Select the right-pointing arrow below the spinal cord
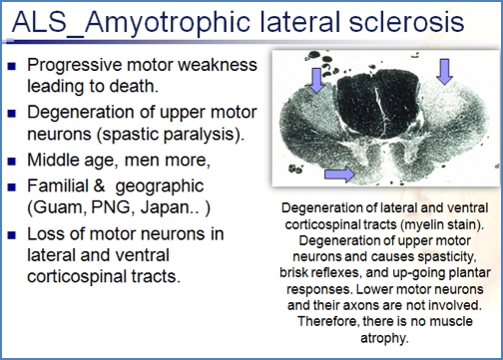338,176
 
